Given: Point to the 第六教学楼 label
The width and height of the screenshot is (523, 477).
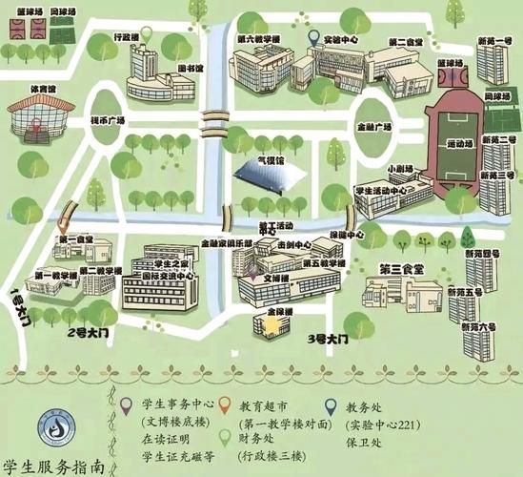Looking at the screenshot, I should click(258, 39).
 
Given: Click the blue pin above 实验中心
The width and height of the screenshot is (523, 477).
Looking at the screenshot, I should click(314, 38).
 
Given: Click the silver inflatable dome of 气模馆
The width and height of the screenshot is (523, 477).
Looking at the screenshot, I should click(262, 177).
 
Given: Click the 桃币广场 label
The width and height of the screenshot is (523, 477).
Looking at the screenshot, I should click(108, 121).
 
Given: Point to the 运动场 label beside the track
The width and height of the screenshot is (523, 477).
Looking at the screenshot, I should click(460, 144).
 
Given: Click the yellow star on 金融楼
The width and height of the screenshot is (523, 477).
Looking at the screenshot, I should click(273, 326).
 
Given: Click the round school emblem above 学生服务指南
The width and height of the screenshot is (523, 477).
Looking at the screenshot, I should click(55, 428).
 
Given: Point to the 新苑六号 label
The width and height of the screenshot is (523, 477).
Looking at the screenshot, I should click(481, 325).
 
